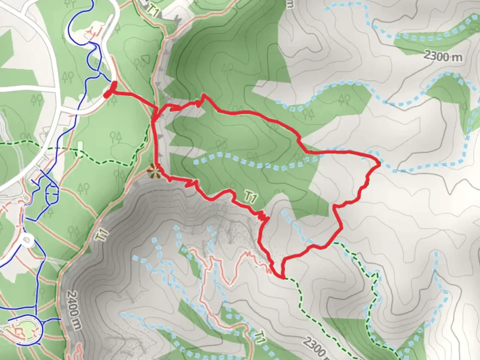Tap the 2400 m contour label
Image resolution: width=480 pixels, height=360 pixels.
coord(74,310)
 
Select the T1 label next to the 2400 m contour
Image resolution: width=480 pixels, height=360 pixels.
coord(102,234)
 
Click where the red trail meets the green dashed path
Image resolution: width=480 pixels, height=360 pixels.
coord(284,277)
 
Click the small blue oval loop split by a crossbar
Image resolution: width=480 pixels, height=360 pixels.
coord(52,190)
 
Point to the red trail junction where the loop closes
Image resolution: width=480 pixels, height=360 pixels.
coord(154,117)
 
